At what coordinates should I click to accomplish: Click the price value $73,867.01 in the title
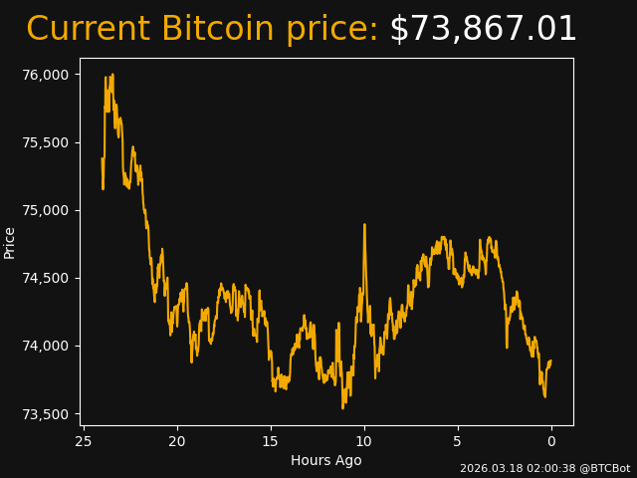[x=483, y=30]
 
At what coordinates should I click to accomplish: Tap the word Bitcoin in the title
[x=217, y=30]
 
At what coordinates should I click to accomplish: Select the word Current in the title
[x=88, y=30]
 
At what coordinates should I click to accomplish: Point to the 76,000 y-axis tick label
[x=47, y=75]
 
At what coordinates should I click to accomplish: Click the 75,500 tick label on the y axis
[x=47, y=142]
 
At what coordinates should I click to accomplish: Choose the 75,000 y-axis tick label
[x=47, y=210]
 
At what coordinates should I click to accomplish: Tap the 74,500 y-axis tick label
[x=47, y=278]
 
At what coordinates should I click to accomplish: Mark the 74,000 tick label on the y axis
[x=47, y=346]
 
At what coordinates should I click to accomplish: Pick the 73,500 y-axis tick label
[x=47, y=414]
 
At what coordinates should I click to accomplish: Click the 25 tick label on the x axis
[x=84, y=441]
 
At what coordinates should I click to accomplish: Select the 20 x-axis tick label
[x=177, y=441]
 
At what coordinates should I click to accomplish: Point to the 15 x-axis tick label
[x=271, y=441]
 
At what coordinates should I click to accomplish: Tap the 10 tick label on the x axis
[x=364, y=441]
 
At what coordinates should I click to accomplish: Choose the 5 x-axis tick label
[x=458, y=441]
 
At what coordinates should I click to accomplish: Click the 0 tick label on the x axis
[x=551, y=441]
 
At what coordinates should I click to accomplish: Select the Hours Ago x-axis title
[x=326, y=460]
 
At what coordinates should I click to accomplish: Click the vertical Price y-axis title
[x=10, y=242]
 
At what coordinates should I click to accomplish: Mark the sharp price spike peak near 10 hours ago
[x=364, y=225]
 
